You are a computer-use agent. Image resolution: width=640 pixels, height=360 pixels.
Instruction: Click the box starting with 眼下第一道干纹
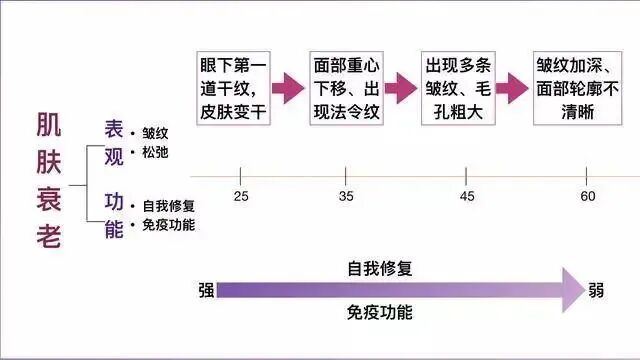[x=233, y=87]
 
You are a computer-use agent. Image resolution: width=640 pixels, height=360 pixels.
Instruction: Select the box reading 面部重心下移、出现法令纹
[x=345, y=87]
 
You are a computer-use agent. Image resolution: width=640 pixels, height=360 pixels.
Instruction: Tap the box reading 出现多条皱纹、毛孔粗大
[x=458, y=87]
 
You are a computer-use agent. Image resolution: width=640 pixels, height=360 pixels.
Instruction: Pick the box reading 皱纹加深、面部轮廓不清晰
[x=577, y=87]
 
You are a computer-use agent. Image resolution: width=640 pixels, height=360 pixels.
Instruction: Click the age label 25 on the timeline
[x=241, y=195]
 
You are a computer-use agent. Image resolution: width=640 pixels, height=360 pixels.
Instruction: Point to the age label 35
[x=346, y=195]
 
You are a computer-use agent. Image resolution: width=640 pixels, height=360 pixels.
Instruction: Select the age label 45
[x=466, y=195]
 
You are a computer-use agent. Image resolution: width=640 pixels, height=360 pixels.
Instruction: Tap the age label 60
[x=587, y=195]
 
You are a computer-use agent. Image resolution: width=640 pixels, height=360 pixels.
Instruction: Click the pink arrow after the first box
[x=288, y=88]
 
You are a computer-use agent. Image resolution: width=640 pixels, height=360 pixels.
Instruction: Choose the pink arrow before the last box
[x=511, y=88]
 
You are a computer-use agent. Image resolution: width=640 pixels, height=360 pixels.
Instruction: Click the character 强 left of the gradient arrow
[x=206, y=291]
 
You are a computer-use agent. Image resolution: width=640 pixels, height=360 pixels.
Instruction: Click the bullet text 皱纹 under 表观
[x=155, y=132]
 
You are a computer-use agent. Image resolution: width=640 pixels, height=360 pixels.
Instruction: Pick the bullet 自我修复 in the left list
[x=167, y=207]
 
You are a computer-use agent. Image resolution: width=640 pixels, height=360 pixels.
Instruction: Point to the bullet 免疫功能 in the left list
[x=167, y=225]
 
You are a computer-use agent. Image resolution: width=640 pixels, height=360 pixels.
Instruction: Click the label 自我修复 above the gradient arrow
[x=379, y=269]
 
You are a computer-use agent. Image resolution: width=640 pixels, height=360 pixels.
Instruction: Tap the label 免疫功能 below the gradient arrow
[x=379, y=312]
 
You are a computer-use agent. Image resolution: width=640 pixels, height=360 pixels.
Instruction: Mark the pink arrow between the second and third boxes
[x=401, y=88]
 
